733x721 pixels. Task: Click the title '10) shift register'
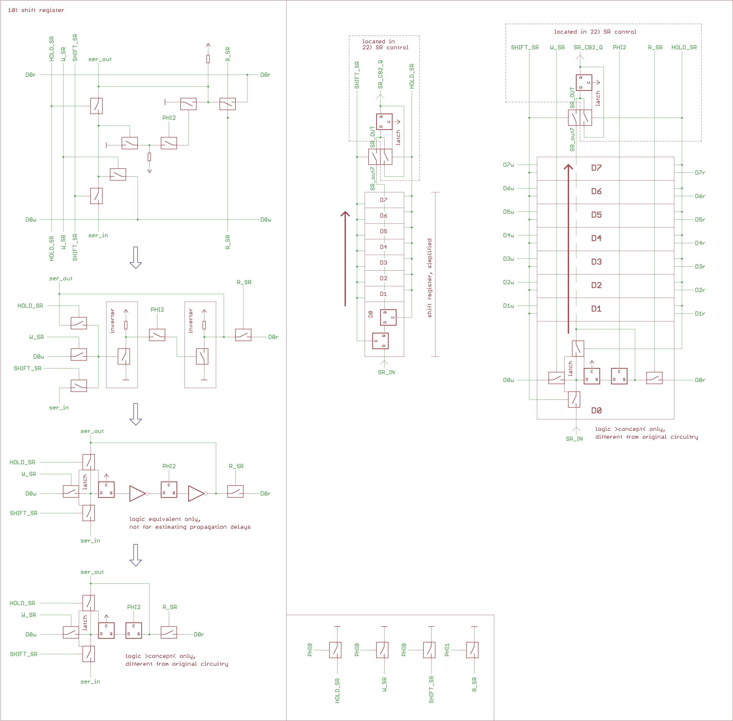tap(36, 10)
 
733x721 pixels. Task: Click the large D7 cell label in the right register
tap(596, 168)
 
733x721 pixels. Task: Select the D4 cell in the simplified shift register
tap(383, 247)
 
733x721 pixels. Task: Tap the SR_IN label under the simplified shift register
tap(386, 372)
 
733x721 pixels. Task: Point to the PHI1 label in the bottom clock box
tap(447, 650)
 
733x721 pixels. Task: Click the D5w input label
tap(508, 212)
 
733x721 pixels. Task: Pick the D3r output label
tap(700, 267)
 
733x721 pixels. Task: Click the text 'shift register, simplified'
tap(429, 278)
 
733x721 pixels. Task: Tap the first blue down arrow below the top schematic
tap(136, 258)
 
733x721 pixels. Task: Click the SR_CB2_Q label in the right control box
tap(588, 47)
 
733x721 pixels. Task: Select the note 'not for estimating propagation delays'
tap(190, 527)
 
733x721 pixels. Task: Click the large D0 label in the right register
tap(596, 410)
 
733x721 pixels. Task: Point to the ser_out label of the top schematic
tap(100, 59)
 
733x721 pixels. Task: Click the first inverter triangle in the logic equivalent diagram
tap(137, 493)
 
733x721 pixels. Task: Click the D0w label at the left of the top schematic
tap(31, 220)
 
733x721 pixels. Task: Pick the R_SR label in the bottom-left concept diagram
tap(169, 607)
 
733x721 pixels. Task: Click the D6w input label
tap(508, 188)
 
